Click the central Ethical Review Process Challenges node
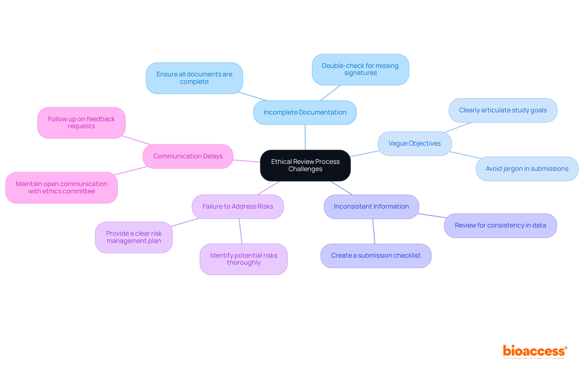coord(305,165)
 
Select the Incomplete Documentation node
coord(305,112)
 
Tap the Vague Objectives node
coord(415,143)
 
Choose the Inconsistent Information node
coord(371,206)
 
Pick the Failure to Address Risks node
coord(238,206)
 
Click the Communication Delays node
coord(188,156)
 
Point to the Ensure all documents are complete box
coord(194,78)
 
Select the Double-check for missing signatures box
coord(360,69)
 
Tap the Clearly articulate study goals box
coord(503,110)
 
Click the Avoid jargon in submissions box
coord(527,169)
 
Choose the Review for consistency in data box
coord(500,225)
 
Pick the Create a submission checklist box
coord(376,255)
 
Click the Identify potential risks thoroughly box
coord(244,259)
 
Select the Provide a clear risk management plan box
coord(134,237)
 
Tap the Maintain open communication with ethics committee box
coord(61,188)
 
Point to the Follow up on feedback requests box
coord(81,123)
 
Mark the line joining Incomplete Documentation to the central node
coord(305,137)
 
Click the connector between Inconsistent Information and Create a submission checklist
coord(374,231)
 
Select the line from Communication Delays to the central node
coord(246,161)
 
